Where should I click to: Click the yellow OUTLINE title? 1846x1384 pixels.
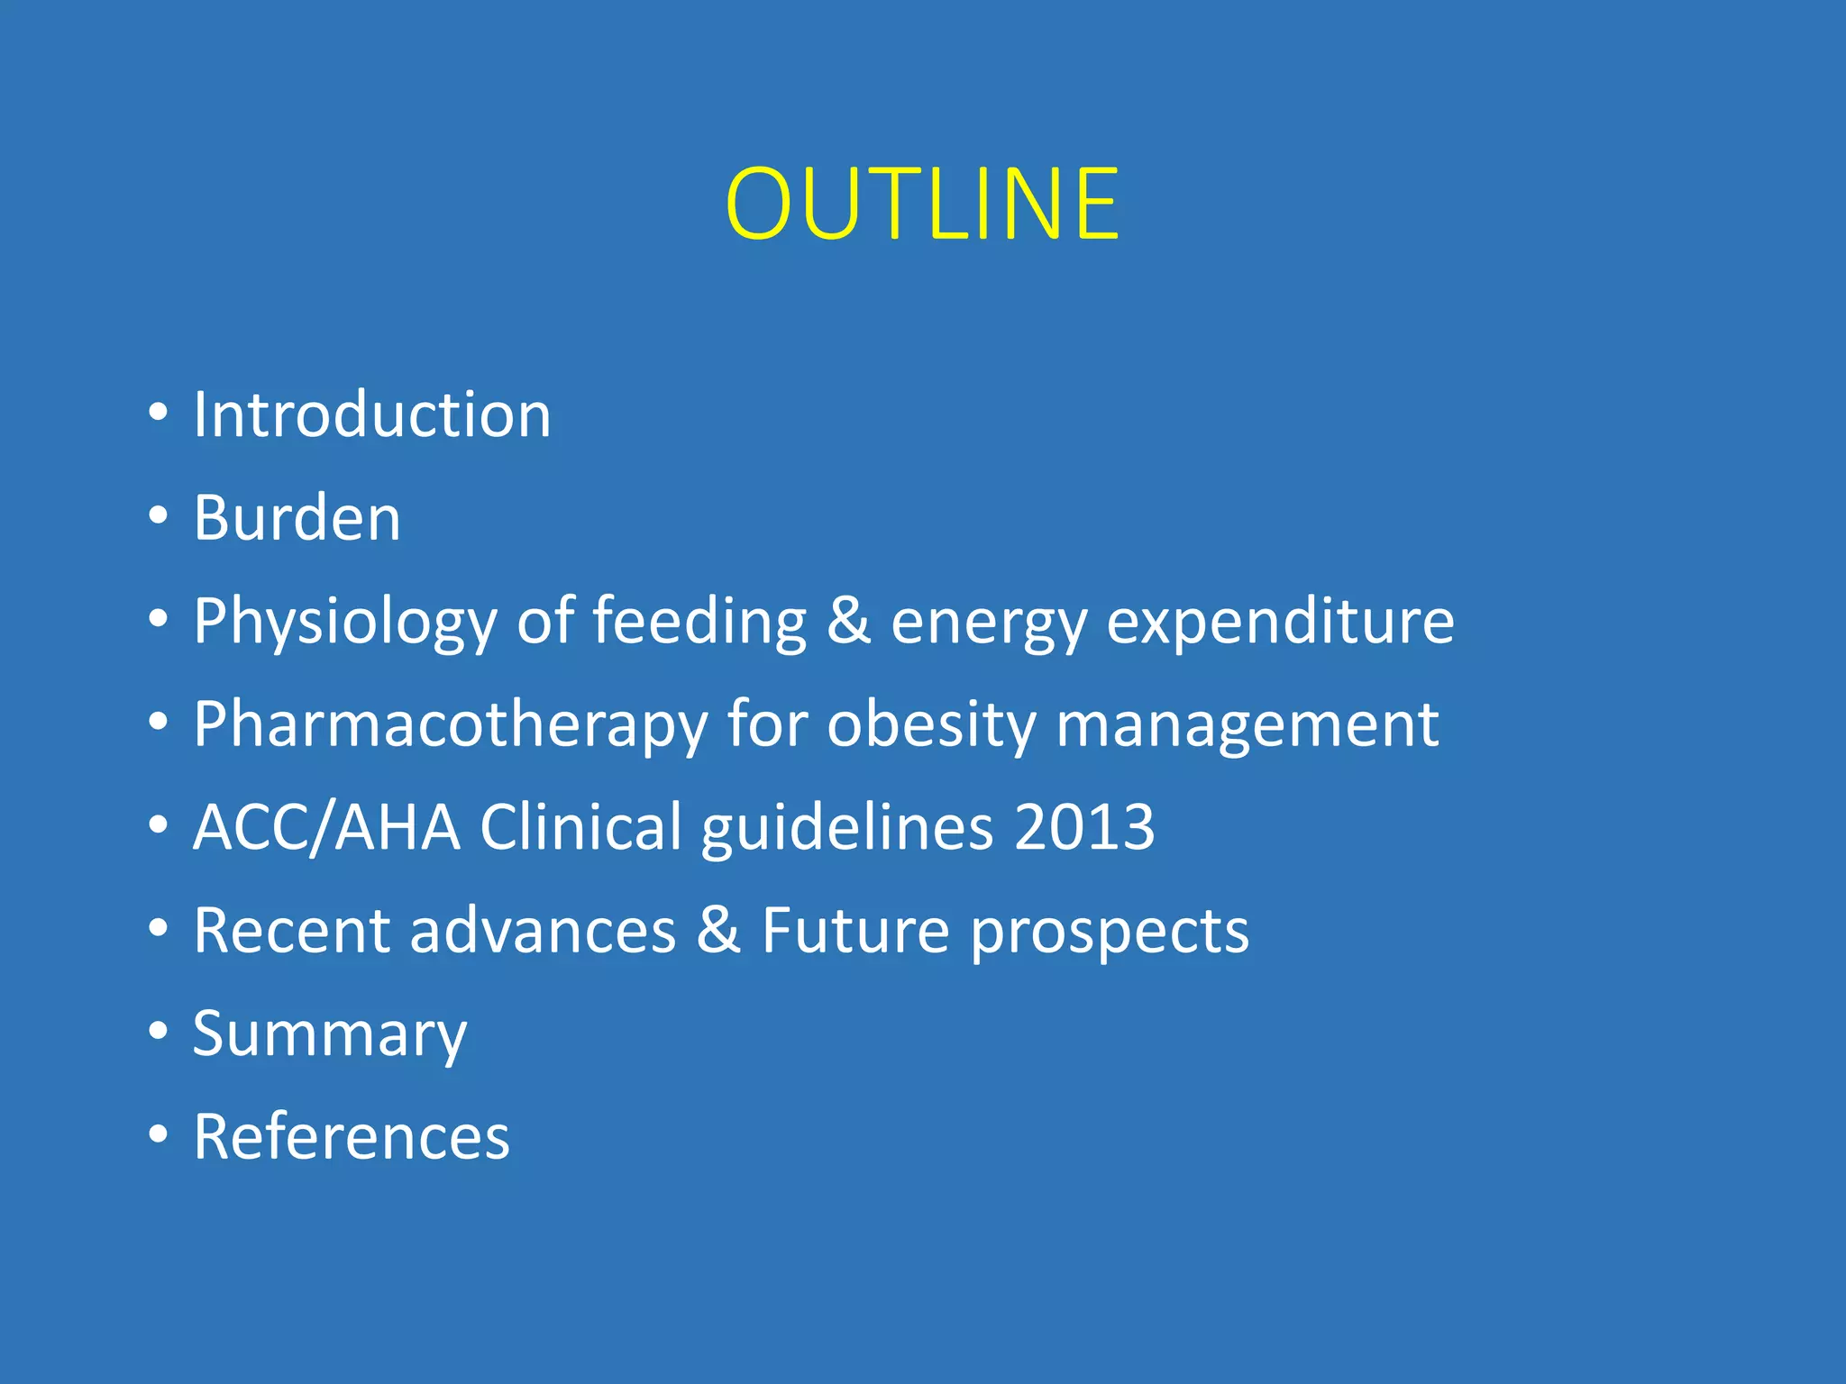(922, 205)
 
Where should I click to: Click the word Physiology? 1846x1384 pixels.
(345, 622)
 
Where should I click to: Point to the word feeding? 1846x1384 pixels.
(699, 622)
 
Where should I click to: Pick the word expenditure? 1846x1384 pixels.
(1280, 622)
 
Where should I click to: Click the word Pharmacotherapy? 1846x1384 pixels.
(451, 724)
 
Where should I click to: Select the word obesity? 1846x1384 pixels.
(931, 724)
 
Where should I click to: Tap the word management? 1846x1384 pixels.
(1247, 724)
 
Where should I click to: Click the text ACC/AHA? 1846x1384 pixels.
(326, 827)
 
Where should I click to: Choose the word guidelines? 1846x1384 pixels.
(847, 827)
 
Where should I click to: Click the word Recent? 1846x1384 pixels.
(292, 930)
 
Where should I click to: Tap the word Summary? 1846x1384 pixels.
(330, 1034)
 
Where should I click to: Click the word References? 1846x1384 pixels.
(352, 1136)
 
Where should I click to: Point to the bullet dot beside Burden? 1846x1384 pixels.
(159, 515)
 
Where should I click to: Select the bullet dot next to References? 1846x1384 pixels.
(159, 1134)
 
